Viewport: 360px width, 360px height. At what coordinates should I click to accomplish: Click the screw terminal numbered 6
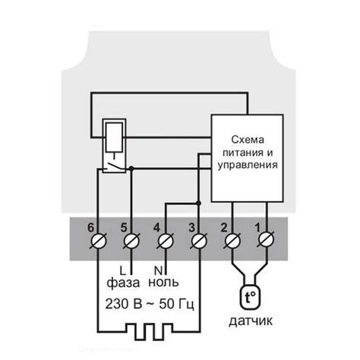96,242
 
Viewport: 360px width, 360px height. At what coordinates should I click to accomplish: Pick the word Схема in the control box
251,138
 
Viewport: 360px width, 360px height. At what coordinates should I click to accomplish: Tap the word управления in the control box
251,164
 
